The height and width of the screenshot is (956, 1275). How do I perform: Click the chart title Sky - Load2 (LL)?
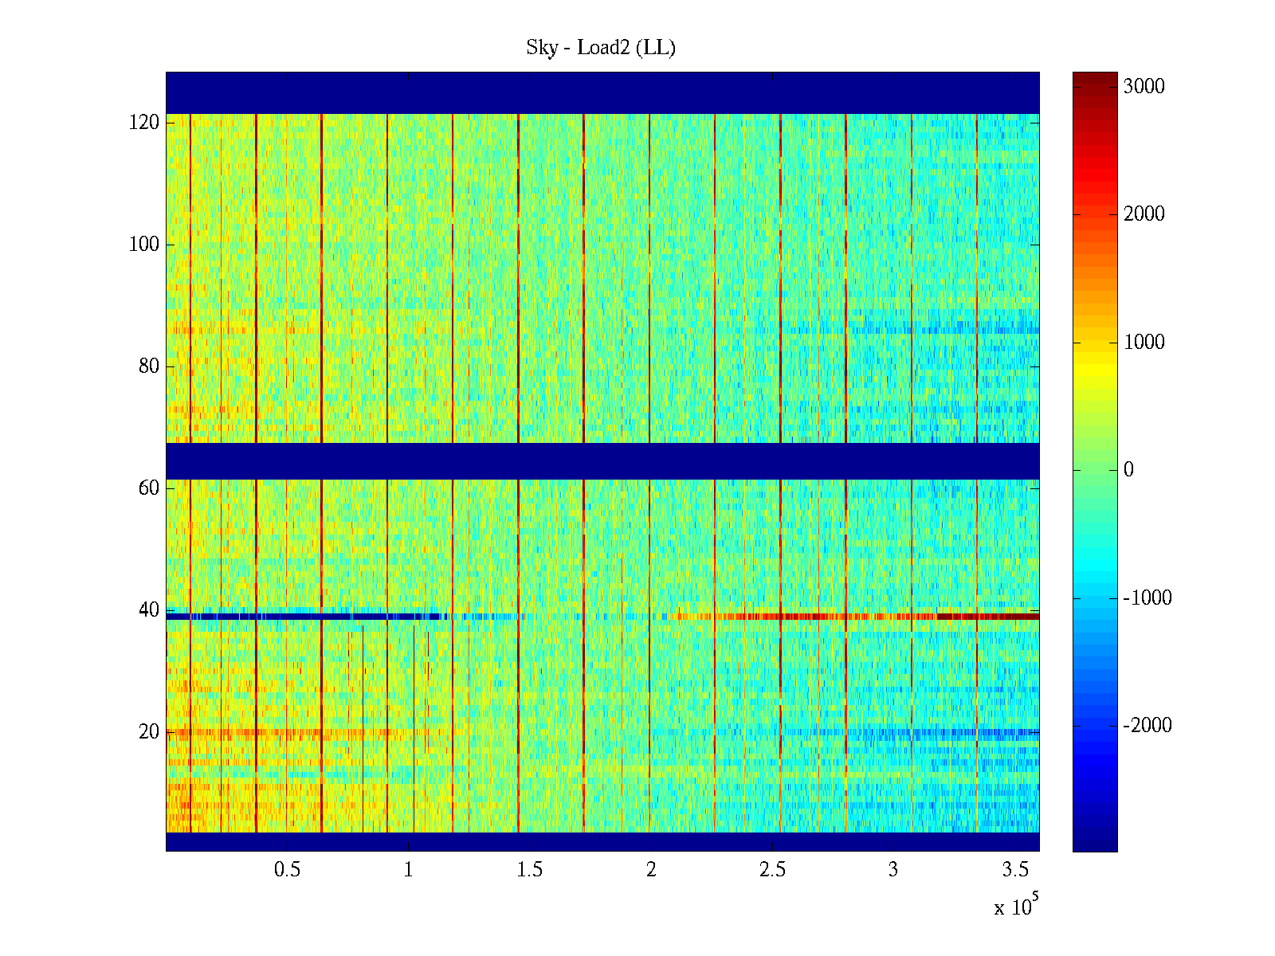coord(601,48)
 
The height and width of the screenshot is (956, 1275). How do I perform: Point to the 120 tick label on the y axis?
coord(144,123)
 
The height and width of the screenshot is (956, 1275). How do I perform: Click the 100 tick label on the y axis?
coord(144,245)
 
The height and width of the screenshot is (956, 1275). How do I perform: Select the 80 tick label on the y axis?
coord(149,366)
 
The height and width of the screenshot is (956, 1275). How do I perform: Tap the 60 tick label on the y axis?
coord(149,488)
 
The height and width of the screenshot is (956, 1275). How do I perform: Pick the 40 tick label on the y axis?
coord(149,610)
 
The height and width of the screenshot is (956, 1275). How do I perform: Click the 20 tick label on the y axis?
coord(149,732)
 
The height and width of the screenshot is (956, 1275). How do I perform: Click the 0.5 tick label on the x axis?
coord(287,870)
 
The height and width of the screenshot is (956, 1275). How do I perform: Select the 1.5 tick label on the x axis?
coord(530,870)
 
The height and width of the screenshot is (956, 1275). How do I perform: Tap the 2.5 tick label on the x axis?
coord(772,870)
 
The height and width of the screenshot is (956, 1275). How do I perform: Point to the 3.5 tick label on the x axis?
coord(1015,870)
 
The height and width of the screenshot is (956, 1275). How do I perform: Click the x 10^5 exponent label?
coord(1015,907)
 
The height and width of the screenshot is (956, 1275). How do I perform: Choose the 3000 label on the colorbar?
coord(1144,87)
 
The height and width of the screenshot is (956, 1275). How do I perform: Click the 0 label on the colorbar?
coord(1128,470)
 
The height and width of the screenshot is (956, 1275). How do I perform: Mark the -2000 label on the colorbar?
coord(1147,726)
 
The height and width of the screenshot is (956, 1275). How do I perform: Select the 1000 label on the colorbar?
coord(1144,343)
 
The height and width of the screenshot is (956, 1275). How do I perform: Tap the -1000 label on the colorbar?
coord(1147,598)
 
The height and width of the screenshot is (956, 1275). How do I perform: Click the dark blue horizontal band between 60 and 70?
coord(602,461)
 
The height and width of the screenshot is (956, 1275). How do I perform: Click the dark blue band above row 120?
coord(602,93)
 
